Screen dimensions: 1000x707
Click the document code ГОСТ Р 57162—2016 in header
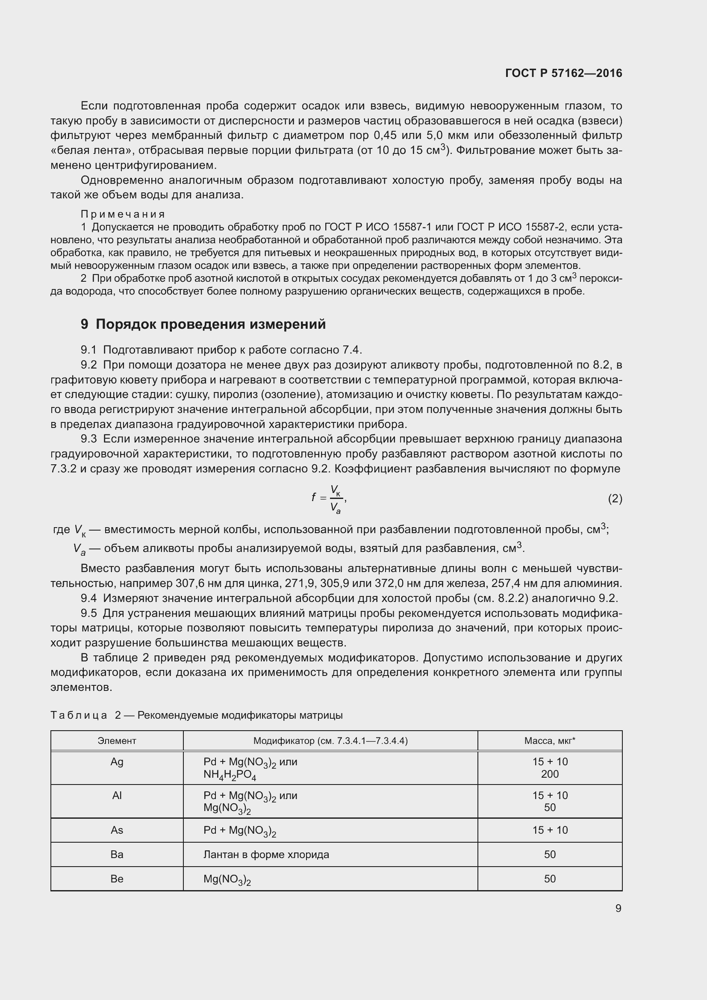pyautogui.click(x=563, y=73)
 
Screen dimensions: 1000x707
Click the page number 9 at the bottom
pyautogui.click(x=618, y=908)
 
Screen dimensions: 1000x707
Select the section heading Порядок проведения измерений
pyautogui.click(x=210, y=324)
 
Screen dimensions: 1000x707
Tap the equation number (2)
pyautogui.click(x=615, y=498)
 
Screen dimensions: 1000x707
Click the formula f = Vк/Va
pyautogui.click(x=329, y=498)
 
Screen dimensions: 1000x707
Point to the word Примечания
pyautogui.click(x=123, y=214)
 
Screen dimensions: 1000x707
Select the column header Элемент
pyautogui.click(x=117, y=740)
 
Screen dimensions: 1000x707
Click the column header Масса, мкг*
pyautogui.click(x=549, y=740)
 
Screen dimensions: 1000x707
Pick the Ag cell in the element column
pyautogui.click(x=117, y=762)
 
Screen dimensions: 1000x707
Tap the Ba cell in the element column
pyautogui.click(x=117, y=854)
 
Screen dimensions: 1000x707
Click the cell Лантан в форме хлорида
pyautogui.click(x=266, y=854)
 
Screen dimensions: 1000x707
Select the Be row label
pyautogui.click(x=117, y=879)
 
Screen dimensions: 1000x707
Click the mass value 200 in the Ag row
pyautogui.click(x=549, y=774)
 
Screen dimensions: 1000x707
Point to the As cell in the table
pyautogui.click(x=117, y=830)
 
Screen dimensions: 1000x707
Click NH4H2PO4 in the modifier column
pyautogui.click(x=230, y=775)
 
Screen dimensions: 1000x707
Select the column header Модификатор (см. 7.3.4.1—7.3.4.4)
pyautogui.click(x=330, y=740)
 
